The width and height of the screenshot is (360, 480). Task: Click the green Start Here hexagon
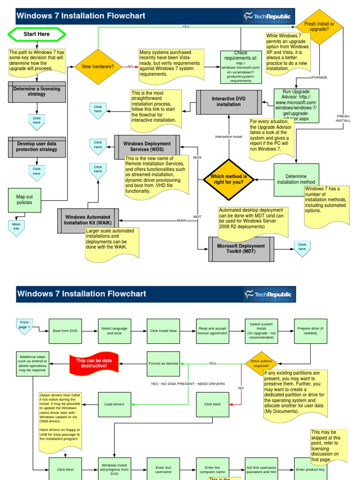pos(37,34)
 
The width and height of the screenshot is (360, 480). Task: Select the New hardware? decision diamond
pos(98,67)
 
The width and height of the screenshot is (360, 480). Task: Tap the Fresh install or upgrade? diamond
pos(319,27)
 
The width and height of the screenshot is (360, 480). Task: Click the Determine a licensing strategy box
pos(37,91)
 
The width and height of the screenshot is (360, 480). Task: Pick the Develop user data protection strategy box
pos(37,147)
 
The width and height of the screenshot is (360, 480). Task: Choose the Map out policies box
pos(24,200)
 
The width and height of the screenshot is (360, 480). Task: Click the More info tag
pos(16,227)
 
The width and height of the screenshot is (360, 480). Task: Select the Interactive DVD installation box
pos(229,102)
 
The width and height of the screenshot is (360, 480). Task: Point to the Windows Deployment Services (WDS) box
pos(147,147)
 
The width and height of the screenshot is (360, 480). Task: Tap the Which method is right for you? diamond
pos(229,179)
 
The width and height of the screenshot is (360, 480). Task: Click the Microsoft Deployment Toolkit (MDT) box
pos(241,249)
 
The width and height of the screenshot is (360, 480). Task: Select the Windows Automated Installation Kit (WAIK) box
pos(88,220)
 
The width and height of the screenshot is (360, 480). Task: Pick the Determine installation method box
pos(296,180)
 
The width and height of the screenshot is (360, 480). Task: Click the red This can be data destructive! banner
pos(94,363)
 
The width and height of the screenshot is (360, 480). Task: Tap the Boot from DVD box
pos(65,330)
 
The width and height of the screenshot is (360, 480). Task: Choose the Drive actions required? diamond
pos(261,364)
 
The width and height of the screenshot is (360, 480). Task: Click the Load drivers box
pos(114,404)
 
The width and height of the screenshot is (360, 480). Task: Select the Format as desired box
pos(164,363)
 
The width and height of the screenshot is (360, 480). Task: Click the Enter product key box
pos(310,469)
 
